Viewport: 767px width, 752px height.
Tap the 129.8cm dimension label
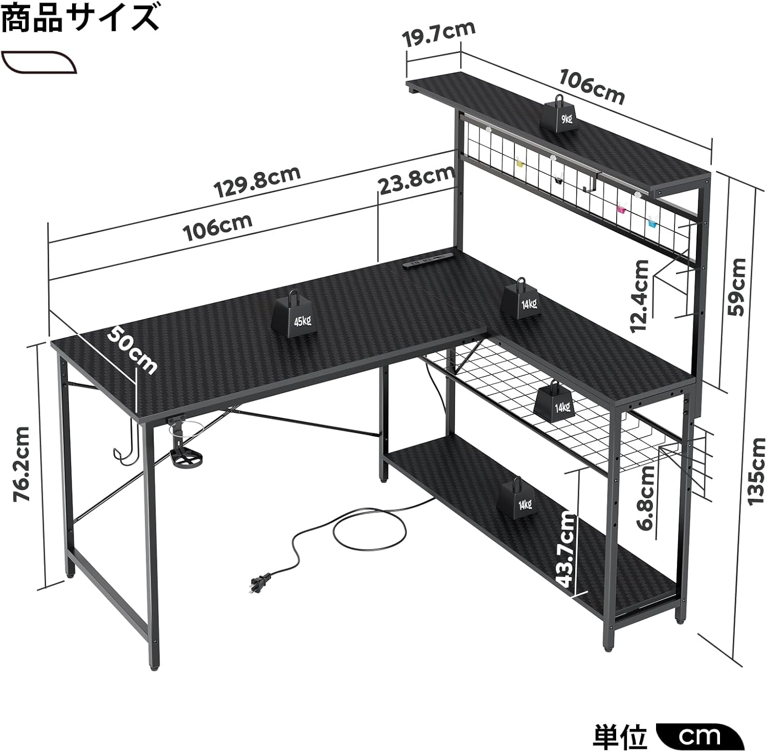pos(257,182)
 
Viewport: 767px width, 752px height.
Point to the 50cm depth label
pos(132,350)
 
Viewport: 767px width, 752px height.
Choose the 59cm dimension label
pos(736,286)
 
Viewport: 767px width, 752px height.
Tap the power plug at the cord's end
pos(259,583)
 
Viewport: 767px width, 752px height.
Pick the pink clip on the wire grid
pos(621,208)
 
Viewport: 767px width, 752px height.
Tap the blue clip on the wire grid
pos(653,222)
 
